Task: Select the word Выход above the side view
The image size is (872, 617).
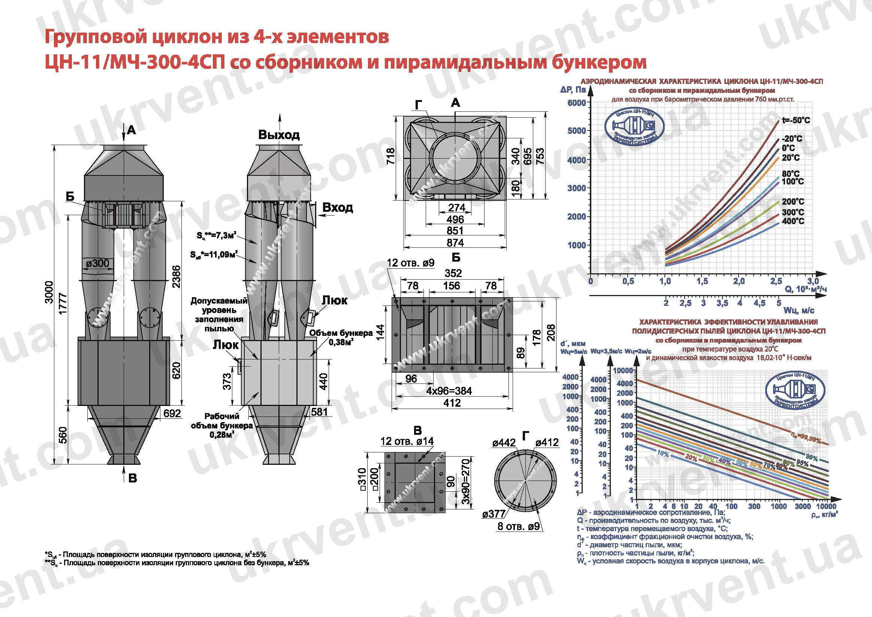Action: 279,135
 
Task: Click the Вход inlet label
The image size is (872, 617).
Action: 338,207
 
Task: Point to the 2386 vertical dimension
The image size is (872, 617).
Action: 176,277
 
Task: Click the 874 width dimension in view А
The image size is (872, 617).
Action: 455,243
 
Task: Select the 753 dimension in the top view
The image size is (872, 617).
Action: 540,156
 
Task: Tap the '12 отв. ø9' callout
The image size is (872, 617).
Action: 411,263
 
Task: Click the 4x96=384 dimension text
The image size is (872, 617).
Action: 449,391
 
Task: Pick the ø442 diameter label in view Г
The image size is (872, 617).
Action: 504,443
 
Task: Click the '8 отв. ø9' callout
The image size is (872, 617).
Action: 519,527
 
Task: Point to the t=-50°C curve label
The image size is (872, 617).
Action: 796,120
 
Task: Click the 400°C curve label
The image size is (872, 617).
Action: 793,221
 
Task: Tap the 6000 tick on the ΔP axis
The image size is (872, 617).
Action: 576,103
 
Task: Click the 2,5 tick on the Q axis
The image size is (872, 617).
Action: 776,282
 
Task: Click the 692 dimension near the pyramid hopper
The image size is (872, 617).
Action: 172,413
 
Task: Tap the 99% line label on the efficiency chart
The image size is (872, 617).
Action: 811,458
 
